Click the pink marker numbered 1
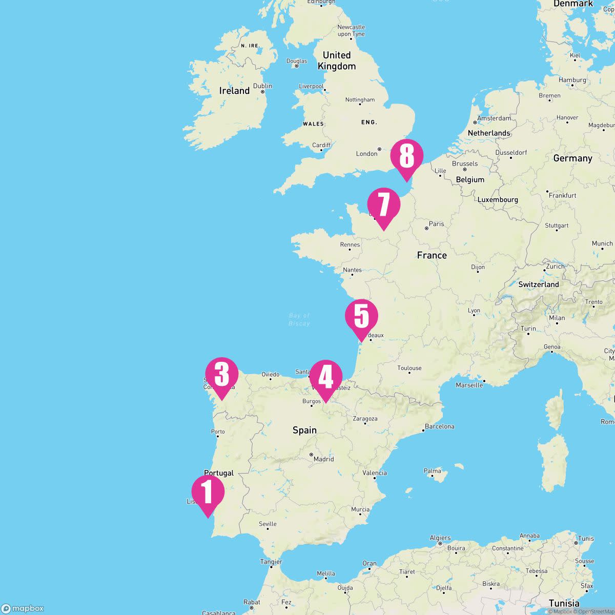pos(208,491)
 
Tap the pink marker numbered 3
pos(221,374)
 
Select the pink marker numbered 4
pos(326,377)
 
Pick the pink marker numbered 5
pos(361,316)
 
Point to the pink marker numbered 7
pos(383,204)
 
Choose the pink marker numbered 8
pos(406,156)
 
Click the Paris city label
pos(436,224)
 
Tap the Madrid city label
pos(323,459)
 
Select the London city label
pos(366,154)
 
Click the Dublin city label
pos(262,86)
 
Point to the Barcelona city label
pos(440,426)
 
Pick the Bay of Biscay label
pos(299,319)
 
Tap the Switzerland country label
pos(538,284)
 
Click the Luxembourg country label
pos(498,200)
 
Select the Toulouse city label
pos(409,368)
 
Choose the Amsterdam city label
pos(494,118)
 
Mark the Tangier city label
pos(271,562)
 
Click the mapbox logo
pos(23,608)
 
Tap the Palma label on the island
pos(433,470)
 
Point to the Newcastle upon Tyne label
pos(351,30)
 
